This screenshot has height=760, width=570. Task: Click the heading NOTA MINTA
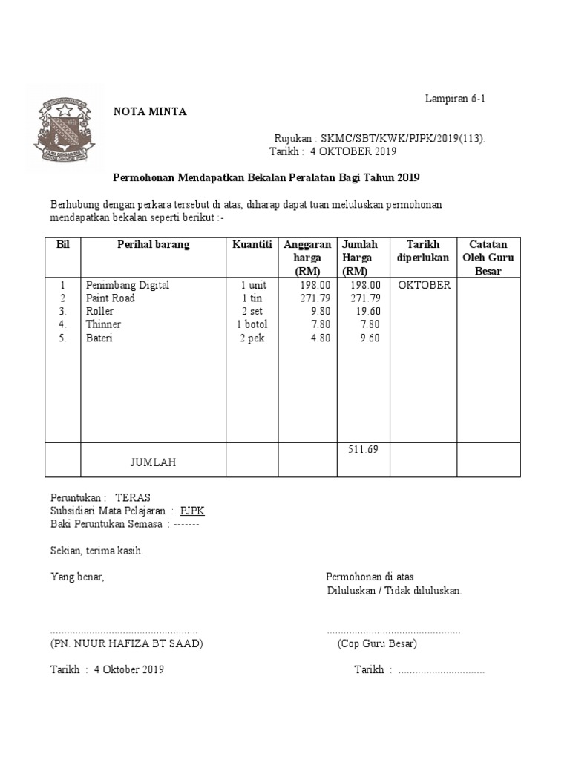tap(150, 112)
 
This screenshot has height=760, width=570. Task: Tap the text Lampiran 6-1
tap(456, 98)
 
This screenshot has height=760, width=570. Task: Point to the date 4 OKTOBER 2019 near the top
tap(353, 152)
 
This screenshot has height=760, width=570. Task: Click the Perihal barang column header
tap(153, 245)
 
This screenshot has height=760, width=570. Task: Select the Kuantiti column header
tap(252, 245)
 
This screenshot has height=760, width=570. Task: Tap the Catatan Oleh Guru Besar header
tap(488, 258)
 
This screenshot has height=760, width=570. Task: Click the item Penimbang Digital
tap(128, 285)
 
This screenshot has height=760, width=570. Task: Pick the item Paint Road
tap(111, 298)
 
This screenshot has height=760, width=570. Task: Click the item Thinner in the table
tap(103, 325)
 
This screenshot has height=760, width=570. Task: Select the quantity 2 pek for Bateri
tap(252, 338)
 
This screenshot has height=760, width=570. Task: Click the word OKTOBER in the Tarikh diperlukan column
tap(424, 285)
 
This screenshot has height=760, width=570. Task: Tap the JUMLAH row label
tap(153, 462)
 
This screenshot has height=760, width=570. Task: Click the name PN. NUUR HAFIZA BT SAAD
tap(127, 643)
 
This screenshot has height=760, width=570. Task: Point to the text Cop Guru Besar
tap(376, 643)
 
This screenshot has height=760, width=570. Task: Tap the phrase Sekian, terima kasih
tap(96, 551)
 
